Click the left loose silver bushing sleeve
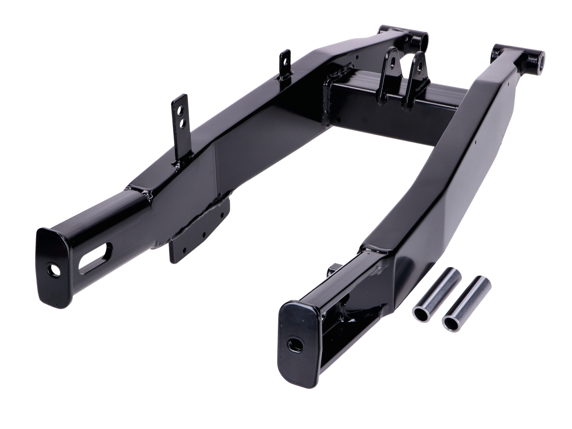pyautogui.click(x=436, y=295)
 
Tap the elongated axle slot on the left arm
pyautogui.click(x=95, y=257)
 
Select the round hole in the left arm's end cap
pyautogui.click(x=54, y=270)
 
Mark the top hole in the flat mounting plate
pyautogui.click(x=221, y=214)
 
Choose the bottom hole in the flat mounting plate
pyautogui.click(x=185, y=249)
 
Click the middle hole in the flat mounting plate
pyautogui.click(x=203, y=235)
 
